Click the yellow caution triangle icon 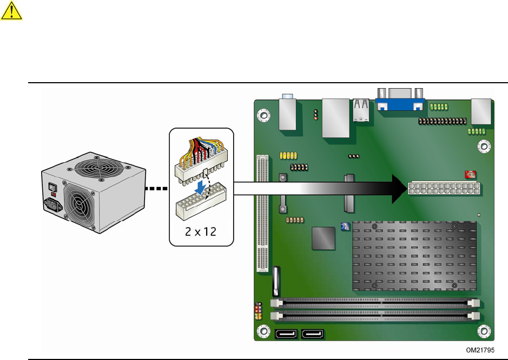11,11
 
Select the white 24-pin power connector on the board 444,189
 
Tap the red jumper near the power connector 470,174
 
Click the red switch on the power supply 52,188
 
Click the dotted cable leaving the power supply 157,189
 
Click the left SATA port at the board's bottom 286,335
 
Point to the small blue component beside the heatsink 345,226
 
